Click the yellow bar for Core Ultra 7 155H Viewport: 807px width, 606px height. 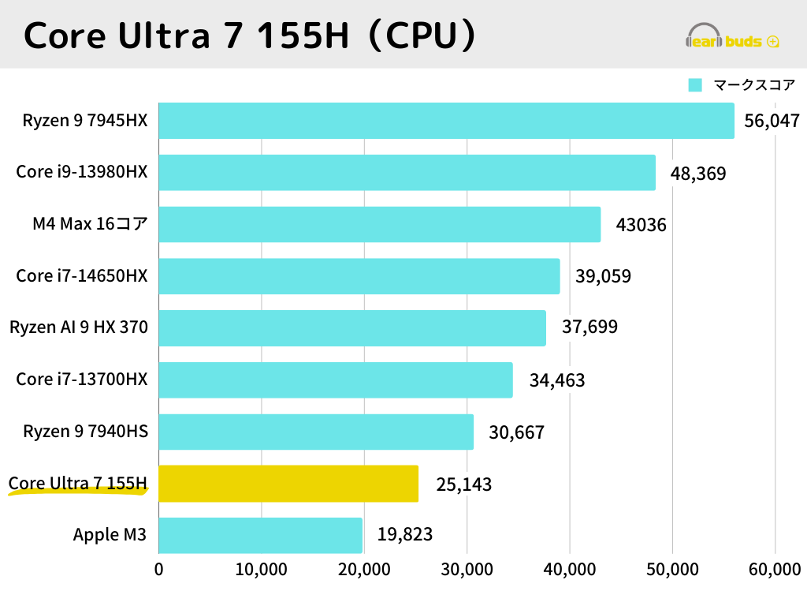288,484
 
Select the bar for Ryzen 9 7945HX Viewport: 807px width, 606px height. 446,121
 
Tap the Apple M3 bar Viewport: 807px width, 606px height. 260,535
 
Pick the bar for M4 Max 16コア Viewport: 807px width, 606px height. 379,224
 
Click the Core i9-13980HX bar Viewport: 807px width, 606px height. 407,173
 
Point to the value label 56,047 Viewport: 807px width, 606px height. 772,121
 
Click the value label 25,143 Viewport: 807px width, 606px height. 463,484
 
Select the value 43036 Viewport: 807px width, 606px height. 641,224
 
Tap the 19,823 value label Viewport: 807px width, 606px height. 405,535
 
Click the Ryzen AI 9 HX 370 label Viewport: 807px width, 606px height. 79,327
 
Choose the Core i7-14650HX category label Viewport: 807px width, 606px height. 82,276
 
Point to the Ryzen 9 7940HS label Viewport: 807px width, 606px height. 85,432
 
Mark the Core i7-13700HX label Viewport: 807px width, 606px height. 82,380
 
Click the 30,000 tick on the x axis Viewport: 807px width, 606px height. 467,570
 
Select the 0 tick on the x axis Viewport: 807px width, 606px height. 159,570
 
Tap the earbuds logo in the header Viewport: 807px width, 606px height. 734,36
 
